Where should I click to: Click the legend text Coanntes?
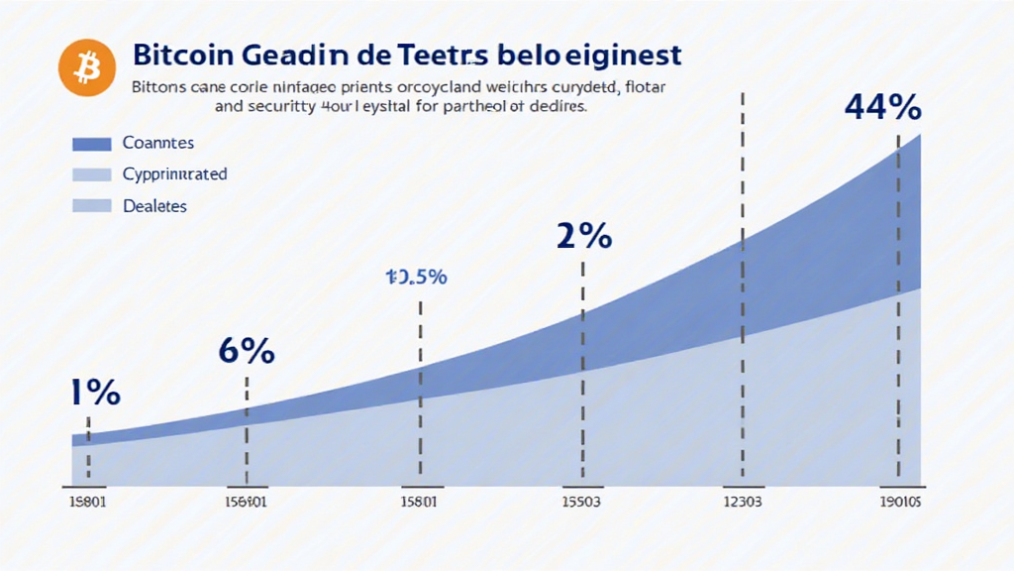[157, 143]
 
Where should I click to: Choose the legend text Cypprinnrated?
[175, 174]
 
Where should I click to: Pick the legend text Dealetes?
[155, 206]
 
